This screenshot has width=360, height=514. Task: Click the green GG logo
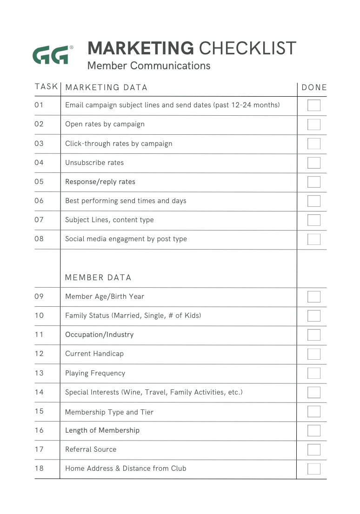tap(51, 55)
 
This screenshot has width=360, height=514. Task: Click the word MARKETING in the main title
tap(140, 48)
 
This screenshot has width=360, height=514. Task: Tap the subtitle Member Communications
tap(149, 66)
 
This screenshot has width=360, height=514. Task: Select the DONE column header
tap(314, 87)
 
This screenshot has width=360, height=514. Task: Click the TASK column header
tap(46, 86)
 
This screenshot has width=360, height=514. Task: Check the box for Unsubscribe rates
tap(314, 163)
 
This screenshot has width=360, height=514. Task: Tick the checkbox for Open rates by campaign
tap(314, 124)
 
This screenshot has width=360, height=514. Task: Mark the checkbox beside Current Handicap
tap(314, 354)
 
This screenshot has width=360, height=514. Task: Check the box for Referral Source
tap(314, 449)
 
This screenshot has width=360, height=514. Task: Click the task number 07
tap(39, 219)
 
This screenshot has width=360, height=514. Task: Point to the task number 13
tap(39, 373)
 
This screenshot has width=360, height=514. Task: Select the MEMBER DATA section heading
tap(98, 277)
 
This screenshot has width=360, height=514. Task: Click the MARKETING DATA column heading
tap(106, 87)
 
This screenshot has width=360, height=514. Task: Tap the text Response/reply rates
tap(100, 182)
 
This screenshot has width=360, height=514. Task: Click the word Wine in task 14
tap(132, 392)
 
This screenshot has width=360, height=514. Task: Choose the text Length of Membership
tap(102, 430)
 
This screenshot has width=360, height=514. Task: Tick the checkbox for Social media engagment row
tap(314, 239)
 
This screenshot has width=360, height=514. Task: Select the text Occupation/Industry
tap(99, 335)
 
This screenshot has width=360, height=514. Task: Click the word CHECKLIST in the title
tap(247, 48)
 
